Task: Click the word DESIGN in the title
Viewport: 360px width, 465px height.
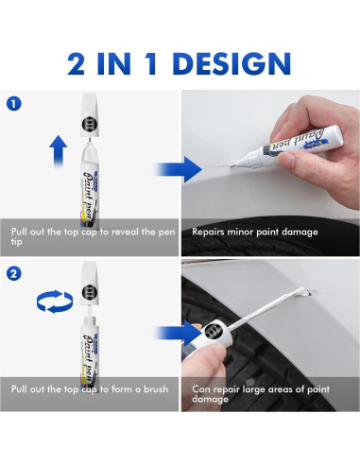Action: [231, 63]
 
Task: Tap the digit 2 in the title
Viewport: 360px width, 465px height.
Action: [76, 63]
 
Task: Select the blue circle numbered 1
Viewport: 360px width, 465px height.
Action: [13, 104]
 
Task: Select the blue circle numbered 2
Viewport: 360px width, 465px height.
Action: [13, 273]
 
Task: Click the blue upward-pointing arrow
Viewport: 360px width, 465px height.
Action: [59, 150]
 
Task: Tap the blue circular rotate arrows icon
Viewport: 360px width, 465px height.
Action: [55, 301]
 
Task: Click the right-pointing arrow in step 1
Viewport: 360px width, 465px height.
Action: [179, 169]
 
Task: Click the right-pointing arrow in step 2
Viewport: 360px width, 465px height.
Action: [179, 333]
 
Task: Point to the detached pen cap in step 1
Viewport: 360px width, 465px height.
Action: [90, 115]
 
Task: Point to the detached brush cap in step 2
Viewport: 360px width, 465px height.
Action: [90, 284]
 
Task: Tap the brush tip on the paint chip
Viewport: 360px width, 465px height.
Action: [304, 292]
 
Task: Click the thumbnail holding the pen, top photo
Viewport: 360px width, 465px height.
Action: [286, 160]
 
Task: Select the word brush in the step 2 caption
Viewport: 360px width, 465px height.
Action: [156, 389]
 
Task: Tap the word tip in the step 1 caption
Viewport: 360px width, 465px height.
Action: [17, 242]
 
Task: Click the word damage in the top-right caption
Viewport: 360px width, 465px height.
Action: [300, 232]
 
